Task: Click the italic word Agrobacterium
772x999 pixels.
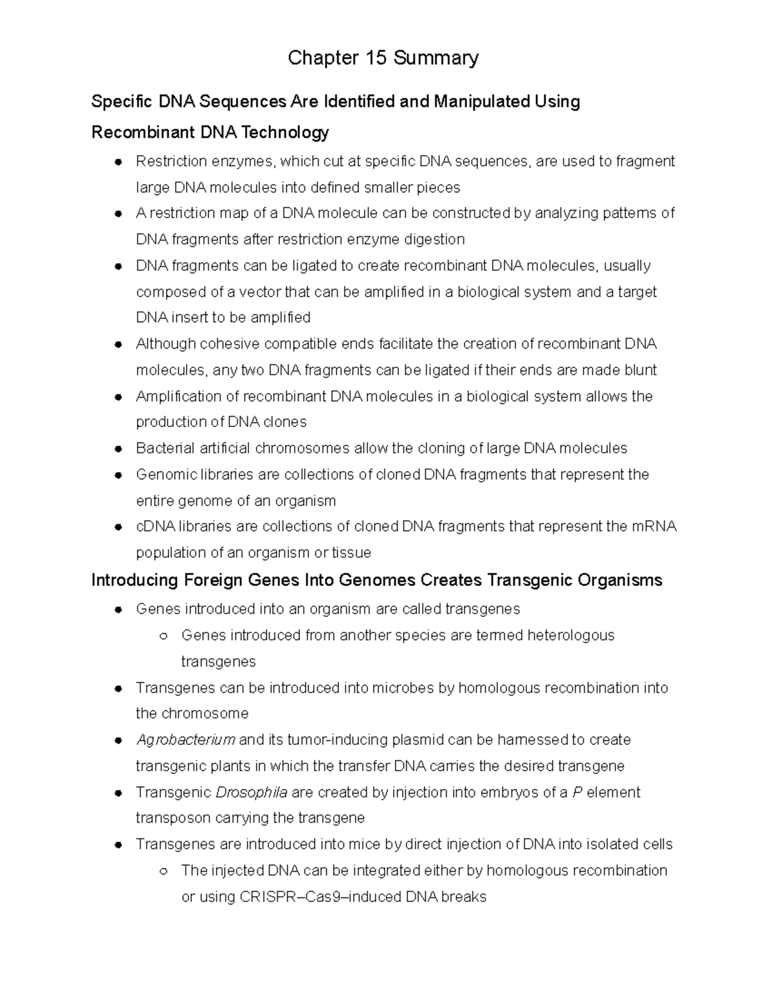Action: (x=185, y=740)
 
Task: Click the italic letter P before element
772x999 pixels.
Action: (x=577, y=793)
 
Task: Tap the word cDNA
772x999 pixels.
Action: (x=156, y=527)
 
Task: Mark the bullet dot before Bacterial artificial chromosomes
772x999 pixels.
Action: (x=118, y=448)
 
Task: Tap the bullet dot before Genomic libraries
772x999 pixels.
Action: (x=118, y=475)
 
